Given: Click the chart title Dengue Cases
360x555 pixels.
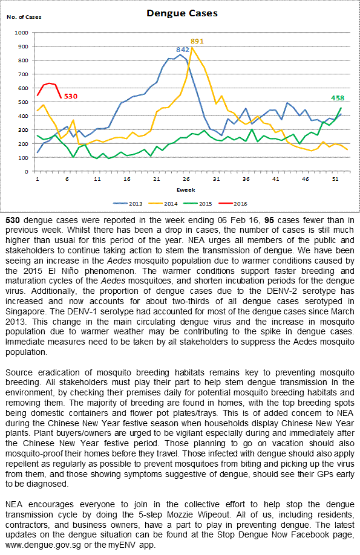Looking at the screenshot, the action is [x=182, y=13].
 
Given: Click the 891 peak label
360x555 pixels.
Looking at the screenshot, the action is [x=197, y=41].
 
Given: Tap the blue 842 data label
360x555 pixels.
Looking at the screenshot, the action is [x=183, y=50].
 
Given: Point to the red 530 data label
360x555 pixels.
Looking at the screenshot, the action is [x=71, y=96].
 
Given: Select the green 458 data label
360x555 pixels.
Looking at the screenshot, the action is [x=338, y=98].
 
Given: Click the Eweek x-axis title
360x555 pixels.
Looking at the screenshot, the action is [x=186, y=190].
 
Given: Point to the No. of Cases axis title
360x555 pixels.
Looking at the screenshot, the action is [x=24, y=17].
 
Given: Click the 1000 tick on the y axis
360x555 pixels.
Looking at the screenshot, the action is [x=21, y=33].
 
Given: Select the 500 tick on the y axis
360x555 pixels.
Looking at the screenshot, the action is [x=23, y=102].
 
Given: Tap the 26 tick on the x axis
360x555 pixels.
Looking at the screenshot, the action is [x=186, y=179].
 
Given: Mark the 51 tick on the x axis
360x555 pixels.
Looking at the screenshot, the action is [x=335, y=179].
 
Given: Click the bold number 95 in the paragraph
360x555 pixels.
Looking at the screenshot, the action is [x=269, y=220].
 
